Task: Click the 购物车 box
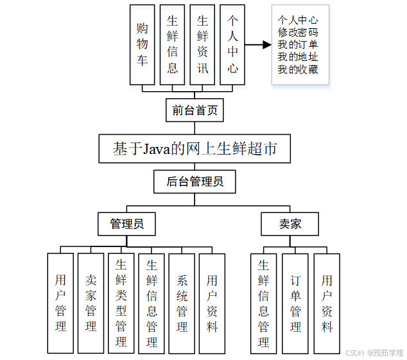point(142,45)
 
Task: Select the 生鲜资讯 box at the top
point(202,45)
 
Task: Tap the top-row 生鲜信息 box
point(172,45)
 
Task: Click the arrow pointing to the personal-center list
point(257,45)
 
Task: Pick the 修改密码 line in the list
point(298,32)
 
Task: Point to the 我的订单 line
point(298,44)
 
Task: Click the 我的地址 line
point(298,57)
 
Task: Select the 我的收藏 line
point(298,69)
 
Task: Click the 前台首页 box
point(195,110)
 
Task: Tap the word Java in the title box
point(157,149)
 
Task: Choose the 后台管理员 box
point(195,182)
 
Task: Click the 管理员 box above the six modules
point(126,224)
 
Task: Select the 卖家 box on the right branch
point(290,224)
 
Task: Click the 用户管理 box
point(60,303)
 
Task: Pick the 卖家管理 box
point(91,303)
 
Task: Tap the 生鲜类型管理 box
point(121,303)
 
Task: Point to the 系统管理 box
point(182,303)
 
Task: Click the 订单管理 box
point(295,303)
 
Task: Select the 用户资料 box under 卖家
point(327,303)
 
